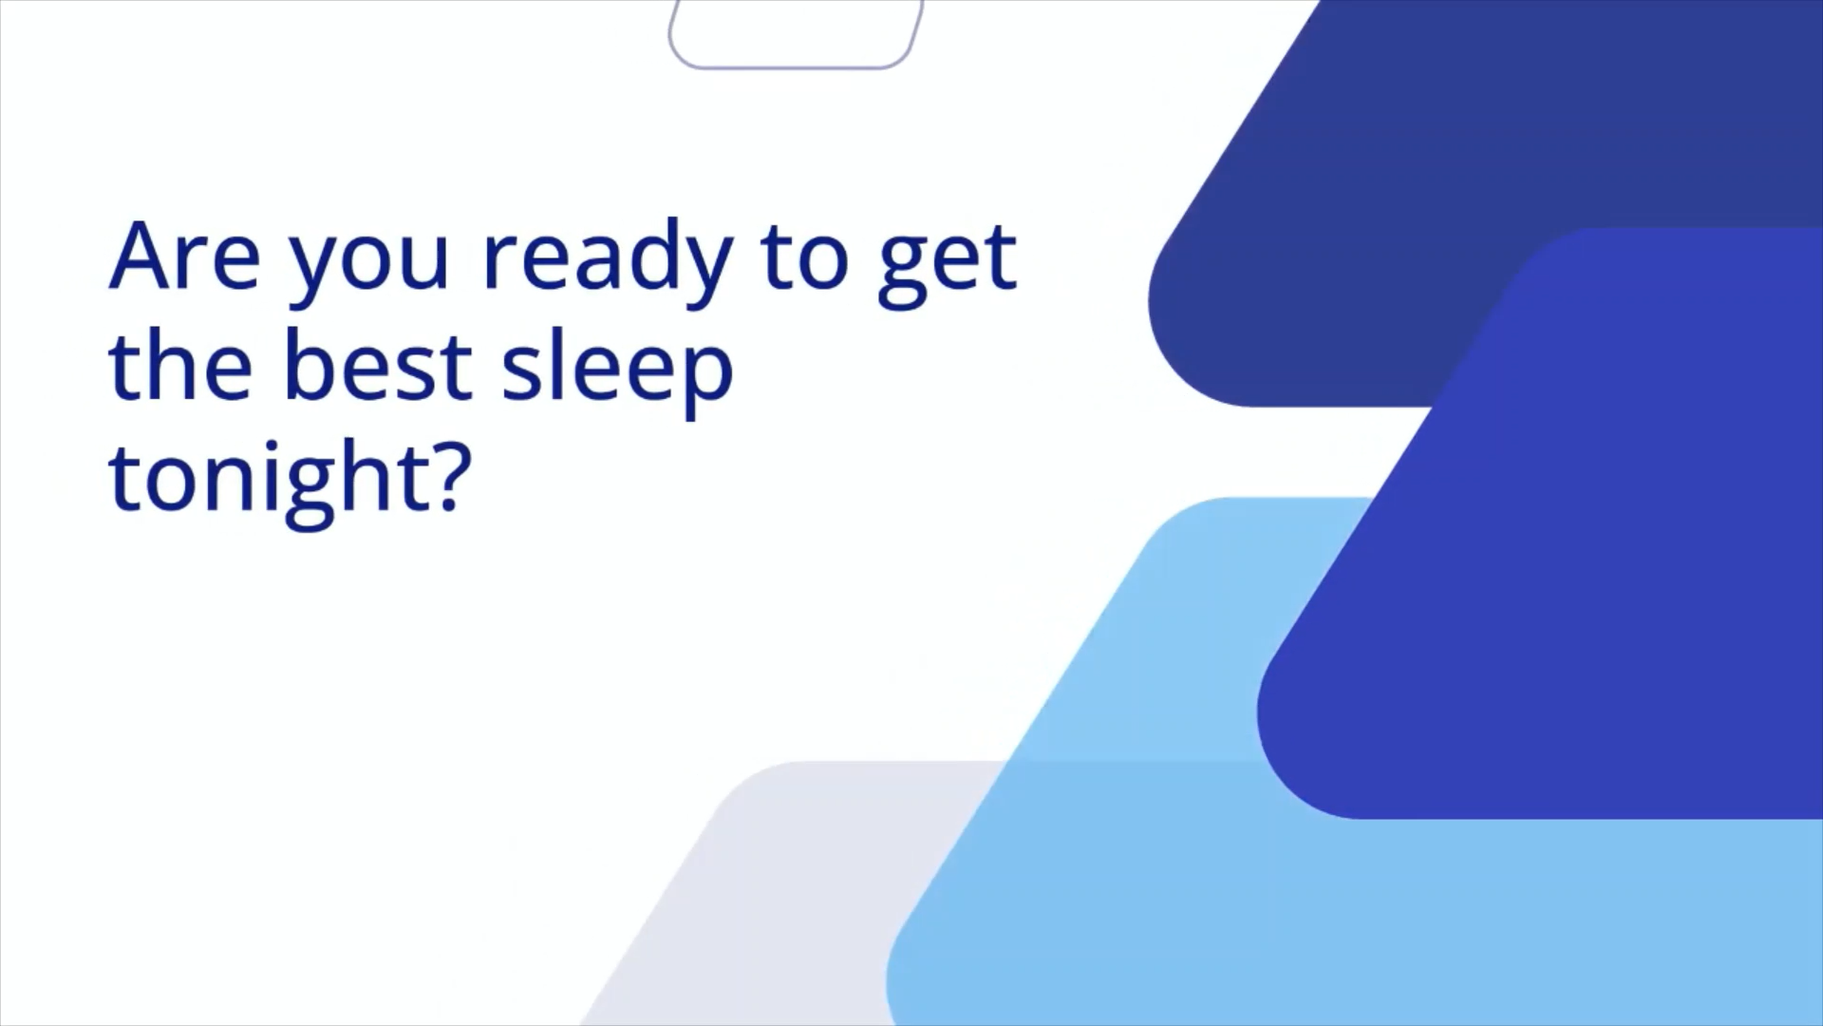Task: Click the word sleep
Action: coord(617,371)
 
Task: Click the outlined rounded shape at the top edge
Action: coord(797,66)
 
